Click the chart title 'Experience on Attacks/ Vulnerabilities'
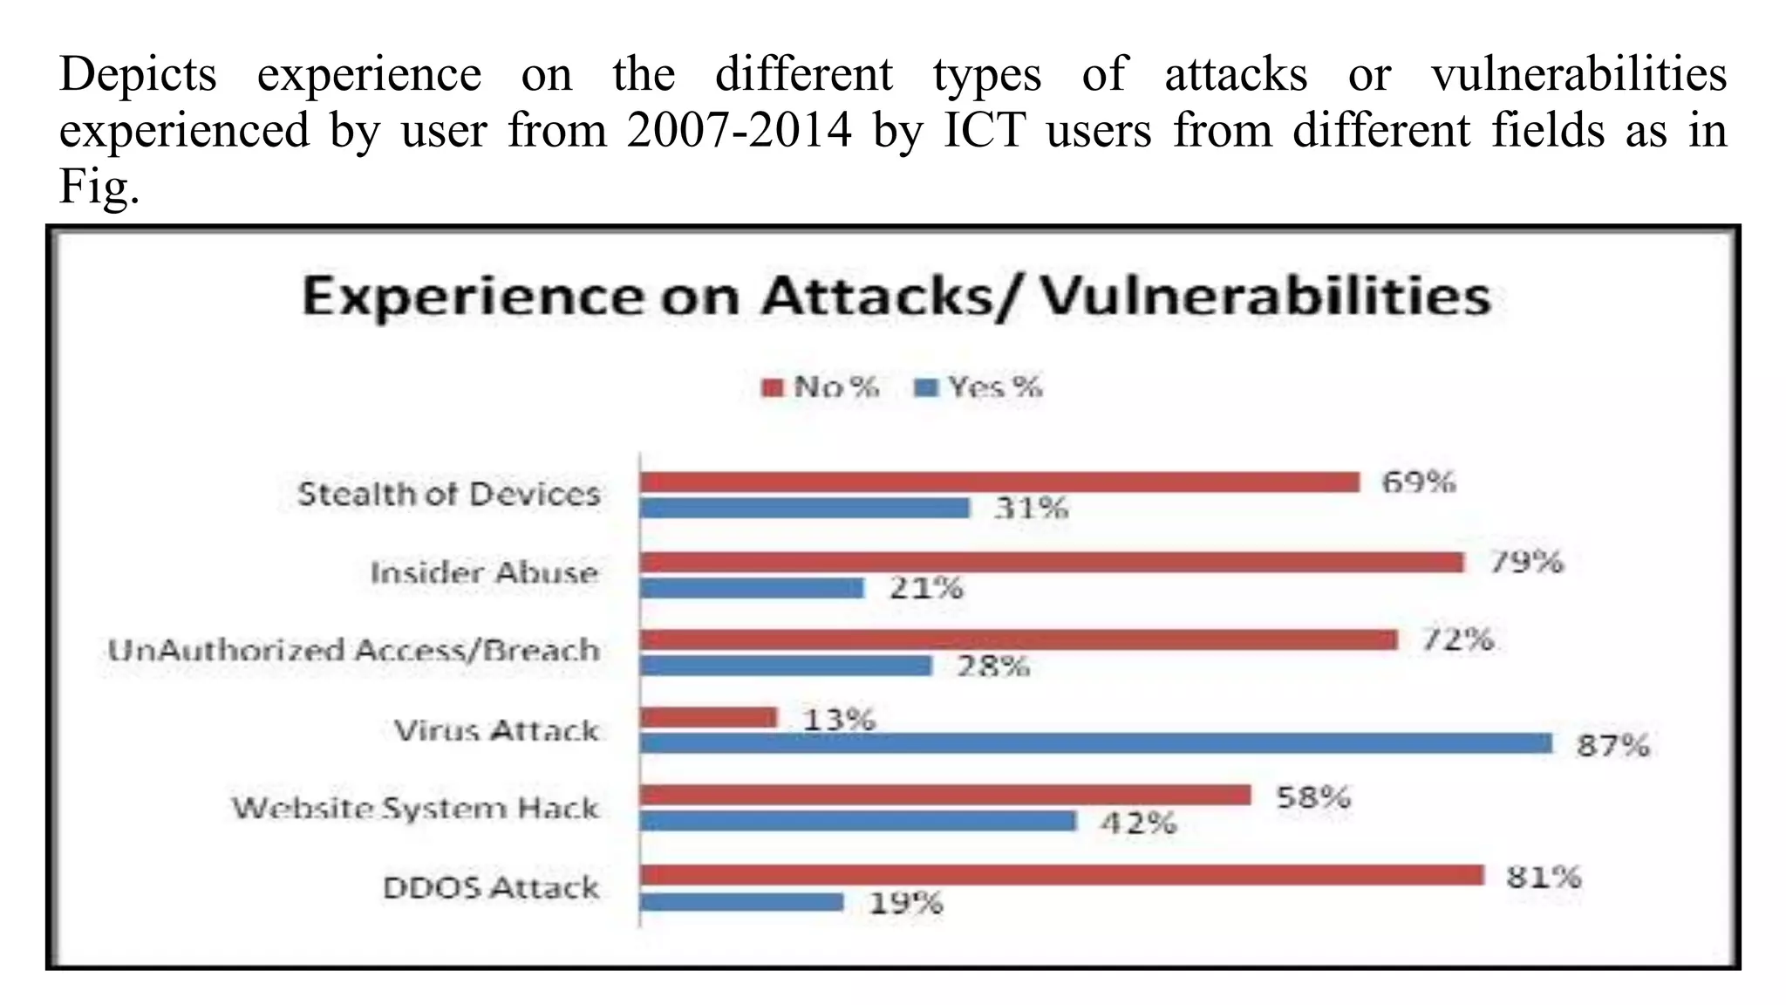[x=896, y=297]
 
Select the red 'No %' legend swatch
[x=773, y=387]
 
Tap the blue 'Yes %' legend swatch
[x=925, y=387]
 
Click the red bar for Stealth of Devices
[x=999, y=482]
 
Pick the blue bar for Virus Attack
[x=1095, y=743]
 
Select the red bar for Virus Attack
[x=707, y=717]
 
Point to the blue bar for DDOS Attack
[x=741, y=902]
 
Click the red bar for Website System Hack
[x=944, y=795]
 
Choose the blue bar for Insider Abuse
[x=751, y=588]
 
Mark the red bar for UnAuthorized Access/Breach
[x=1018, y=640]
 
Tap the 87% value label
[x=1612, y=746]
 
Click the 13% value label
[x=838, y=720]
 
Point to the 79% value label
[x=1526, y=562]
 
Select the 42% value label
[x=1138, y=823]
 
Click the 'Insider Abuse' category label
[x=484, y=573]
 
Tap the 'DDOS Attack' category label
[x=491, y=888]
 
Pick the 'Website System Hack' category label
[x=415, y=808]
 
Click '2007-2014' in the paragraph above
[x=738, y=131]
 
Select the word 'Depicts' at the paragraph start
[x=138, y=74]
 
